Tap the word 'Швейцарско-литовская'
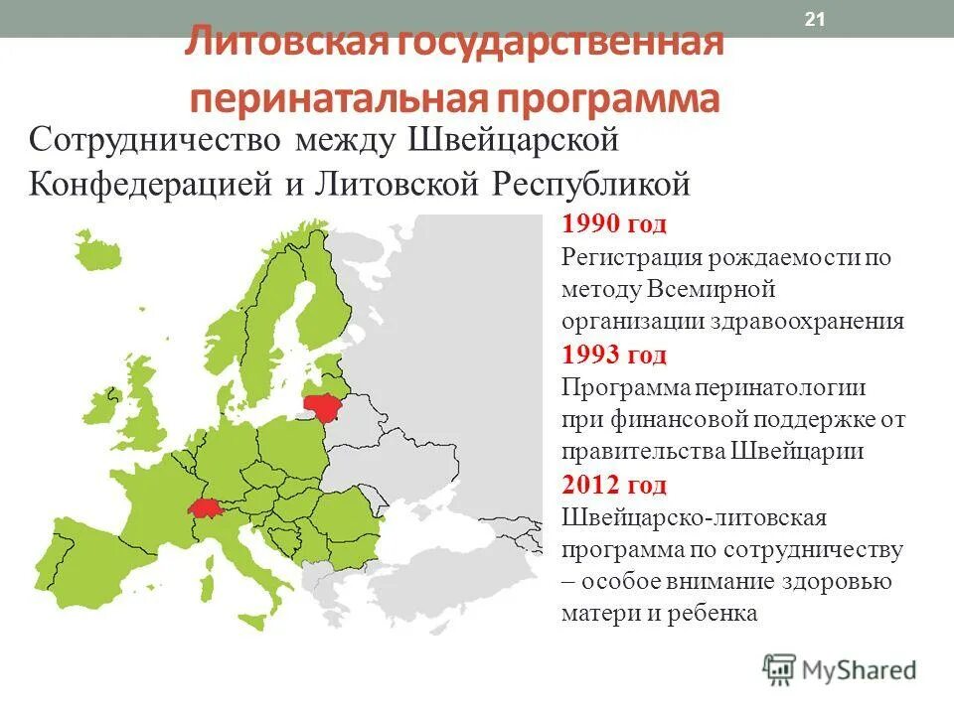695,517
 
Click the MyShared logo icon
780,670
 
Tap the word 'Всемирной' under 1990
711,290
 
